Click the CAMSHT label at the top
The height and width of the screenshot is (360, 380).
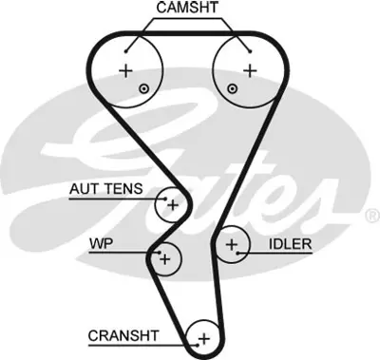click(x=187, y=9)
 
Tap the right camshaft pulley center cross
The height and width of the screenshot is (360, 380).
click(x=249, y=70)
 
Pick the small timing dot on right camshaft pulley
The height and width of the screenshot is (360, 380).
click(x=232, y=88)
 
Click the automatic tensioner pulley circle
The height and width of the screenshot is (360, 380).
click(x=172, y=203)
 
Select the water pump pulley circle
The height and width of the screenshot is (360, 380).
click(x=164, y=257)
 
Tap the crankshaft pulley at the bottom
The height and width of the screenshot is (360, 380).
click(x=202, y=336)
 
